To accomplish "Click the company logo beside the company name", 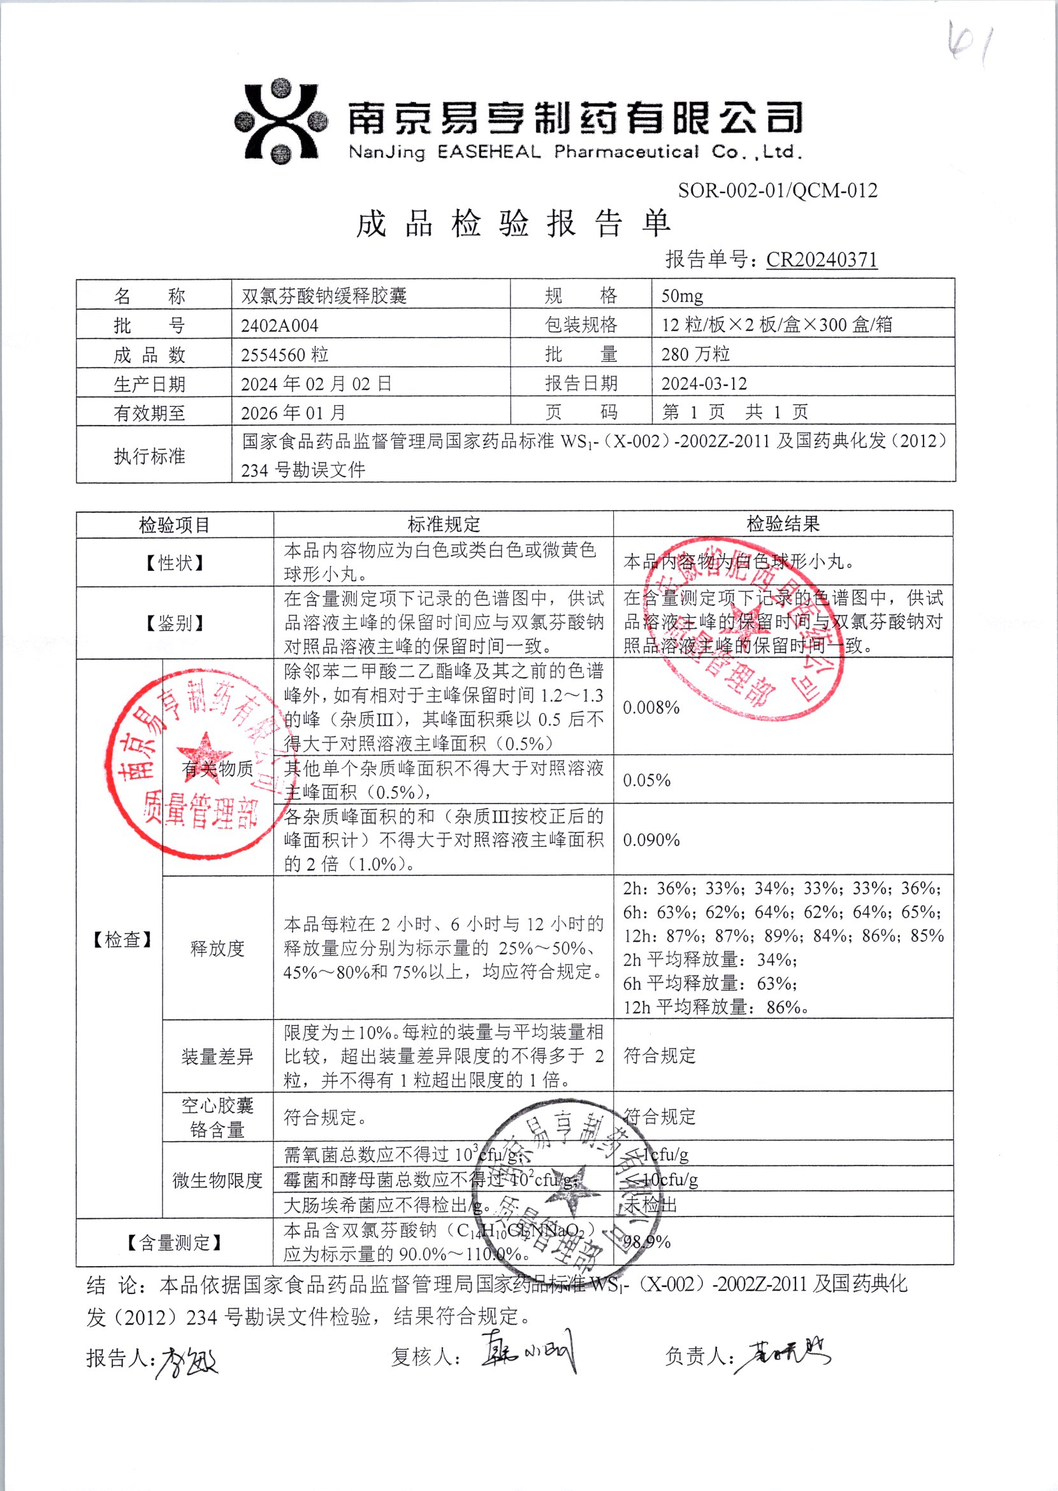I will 280,121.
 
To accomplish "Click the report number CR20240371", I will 821,260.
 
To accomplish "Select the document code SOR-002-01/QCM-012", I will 777,191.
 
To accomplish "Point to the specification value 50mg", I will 681,296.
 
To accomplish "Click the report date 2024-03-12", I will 704,384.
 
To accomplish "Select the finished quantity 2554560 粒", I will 284,355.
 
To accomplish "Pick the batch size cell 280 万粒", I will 695,354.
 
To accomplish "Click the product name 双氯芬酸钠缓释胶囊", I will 324,296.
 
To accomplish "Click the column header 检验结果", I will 783,524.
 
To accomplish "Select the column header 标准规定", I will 443,524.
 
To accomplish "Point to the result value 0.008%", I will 651,707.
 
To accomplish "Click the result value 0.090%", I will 651,840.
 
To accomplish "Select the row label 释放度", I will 217,947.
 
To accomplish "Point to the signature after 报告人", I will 187,1362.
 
